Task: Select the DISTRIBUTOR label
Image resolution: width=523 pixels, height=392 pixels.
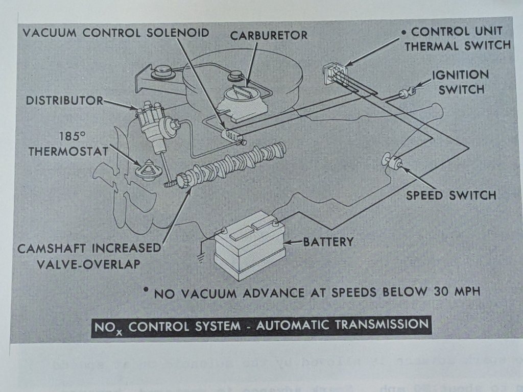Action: pos(64,101)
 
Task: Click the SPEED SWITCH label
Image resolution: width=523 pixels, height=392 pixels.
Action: pos(451,195)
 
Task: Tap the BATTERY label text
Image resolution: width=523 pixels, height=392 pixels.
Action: pos(328,241)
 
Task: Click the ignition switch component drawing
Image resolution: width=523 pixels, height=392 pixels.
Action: pos(407,93)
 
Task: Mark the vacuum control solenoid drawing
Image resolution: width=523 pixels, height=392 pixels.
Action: pos(232,136)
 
